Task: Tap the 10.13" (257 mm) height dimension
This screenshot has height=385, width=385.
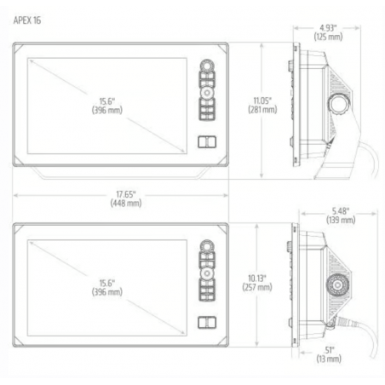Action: [261, 284]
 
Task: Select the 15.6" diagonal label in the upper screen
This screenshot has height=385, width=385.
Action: [108, 105]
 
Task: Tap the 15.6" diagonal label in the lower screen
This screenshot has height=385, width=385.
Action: [108, 287]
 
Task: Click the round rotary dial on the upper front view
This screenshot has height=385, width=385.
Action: [208, 67]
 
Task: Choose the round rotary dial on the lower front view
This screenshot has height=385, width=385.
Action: [208, 250]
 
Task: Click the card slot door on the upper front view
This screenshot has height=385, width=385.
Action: [208, 141]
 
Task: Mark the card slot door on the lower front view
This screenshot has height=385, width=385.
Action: [208, 324]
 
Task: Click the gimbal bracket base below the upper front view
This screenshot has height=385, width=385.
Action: [124, 175]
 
